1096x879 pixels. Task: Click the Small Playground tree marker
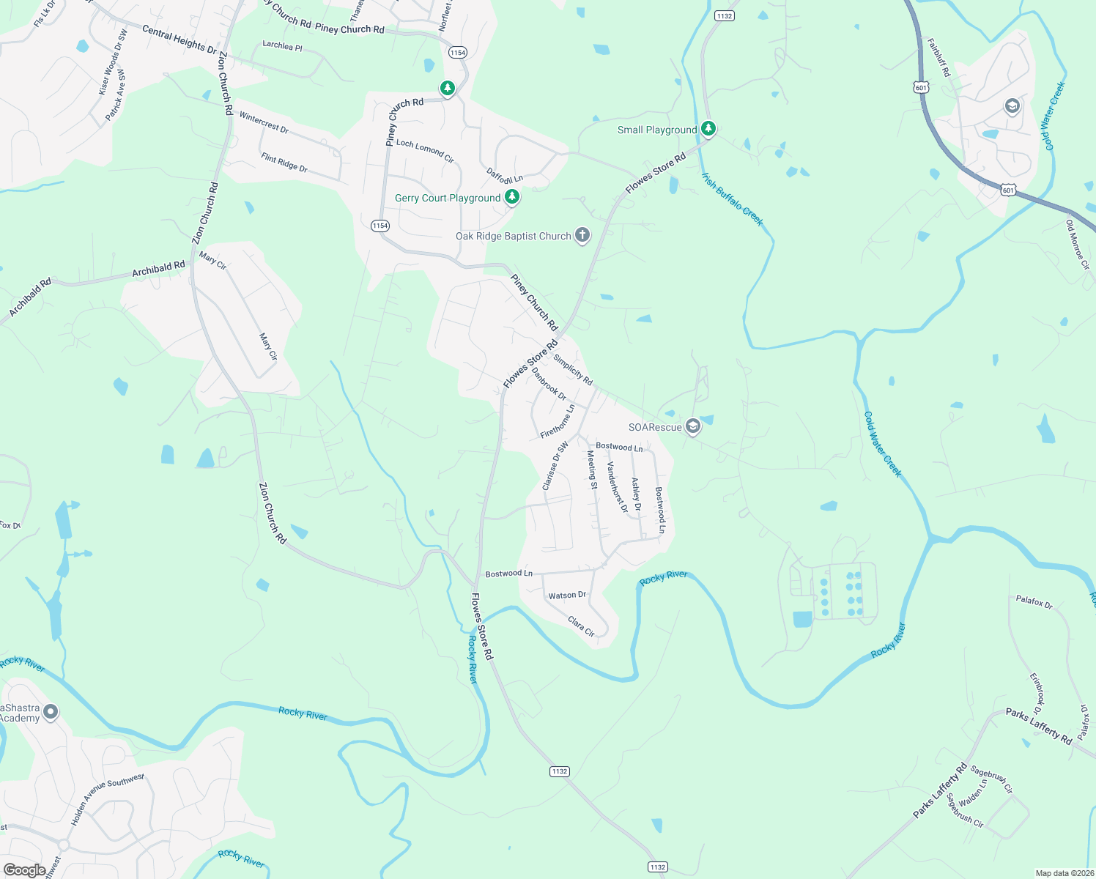coord(708,129)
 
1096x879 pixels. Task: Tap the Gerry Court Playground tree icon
coord(512,197)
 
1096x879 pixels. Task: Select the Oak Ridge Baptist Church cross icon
coord(582,235)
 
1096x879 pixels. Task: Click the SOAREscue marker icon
coord(693,427)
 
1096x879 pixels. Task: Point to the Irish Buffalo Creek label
coord(732,199)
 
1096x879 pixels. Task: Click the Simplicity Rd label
coord(573,370)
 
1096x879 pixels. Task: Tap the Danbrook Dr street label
coord(549,384)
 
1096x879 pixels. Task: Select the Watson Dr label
coord(567,596)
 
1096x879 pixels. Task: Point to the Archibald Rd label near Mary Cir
coord(158,270)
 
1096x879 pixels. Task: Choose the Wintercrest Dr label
coord(264,122)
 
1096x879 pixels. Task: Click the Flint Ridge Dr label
coord(284,163)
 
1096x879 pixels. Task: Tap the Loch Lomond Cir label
coord(425,152)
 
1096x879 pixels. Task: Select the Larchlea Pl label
coord(282,45)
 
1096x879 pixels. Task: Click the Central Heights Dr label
coord(179,40)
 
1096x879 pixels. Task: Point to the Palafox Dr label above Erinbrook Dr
coord(1034,601)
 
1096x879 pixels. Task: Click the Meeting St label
coord(592,470)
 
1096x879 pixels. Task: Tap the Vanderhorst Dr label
coord(617,487)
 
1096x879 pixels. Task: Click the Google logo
coord(24,869)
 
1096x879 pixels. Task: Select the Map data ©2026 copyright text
coord(1064,873)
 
